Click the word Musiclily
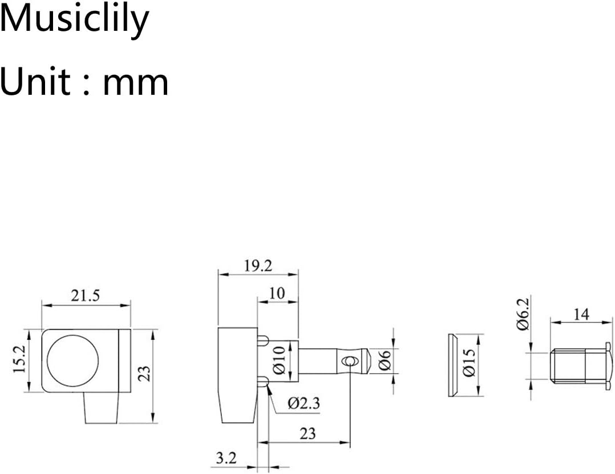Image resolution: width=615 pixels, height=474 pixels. pos(75,19)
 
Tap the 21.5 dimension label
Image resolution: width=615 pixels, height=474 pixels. pos(86,296)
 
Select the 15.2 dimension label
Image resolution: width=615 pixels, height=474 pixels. pos(19,359)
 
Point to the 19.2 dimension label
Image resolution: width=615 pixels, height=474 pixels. pos(258,266)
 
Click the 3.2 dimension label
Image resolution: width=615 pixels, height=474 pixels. pos(226,457)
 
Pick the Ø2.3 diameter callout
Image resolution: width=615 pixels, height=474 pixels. pos(304,403)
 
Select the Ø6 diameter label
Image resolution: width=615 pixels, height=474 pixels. pos(385,360)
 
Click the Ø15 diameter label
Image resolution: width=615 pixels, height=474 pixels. pos(469,361)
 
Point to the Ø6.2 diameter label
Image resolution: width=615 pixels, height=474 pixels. pos(523,314)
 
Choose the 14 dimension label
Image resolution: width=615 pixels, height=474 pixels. pos(582,314)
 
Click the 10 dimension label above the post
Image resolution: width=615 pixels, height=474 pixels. pos(277,294)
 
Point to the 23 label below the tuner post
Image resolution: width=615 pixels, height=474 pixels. pos(308,433)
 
